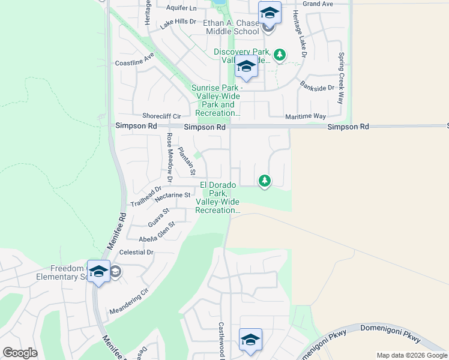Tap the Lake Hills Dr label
[x=178, y=22]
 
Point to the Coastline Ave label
[x=134, y=59]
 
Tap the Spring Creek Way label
[x=341, y=78]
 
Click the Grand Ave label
[x=318, y=4]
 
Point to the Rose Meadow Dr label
[x=169, y=157]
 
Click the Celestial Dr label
[x=136, y=253]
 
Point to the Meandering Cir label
[x=128, y=304]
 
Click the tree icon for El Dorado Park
[x=264, y=180]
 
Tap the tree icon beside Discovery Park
[x=279, y=55]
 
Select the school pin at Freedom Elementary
[x=98, y=272]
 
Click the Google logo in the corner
[x=20, y=353]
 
